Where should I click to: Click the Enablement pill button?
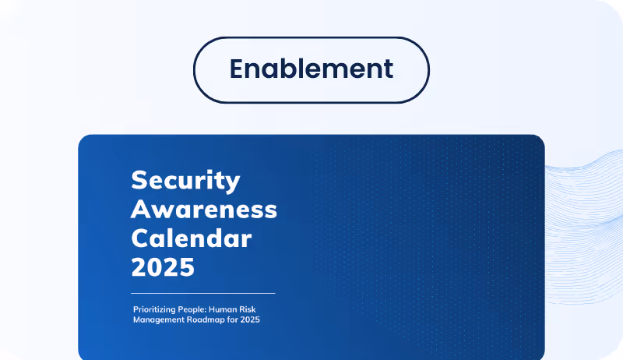pos(311,69)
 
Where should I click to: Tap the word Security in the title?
pos(185,180)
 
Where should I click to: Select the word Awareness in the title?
pos(204,209)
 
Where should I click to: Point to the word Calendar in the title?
pos(192,238)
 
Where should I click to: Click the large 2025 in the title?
pos(162,266)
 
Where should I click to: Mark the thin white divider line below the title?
pos(203,293)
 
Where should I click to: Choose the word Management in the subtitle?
pos(157,319)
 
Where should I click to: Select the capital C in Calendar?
pos(140,238)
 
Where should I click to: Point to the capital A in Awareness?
pos(141,209)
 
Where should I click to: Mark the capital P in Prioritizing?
pos(136,309)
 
